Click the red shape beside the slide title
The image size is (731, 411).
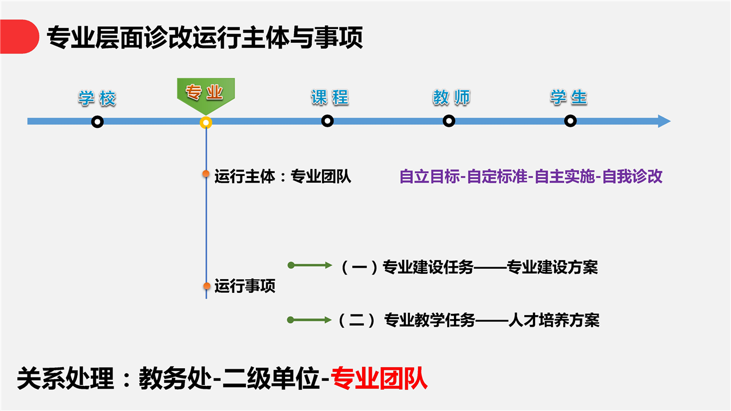point(19,37)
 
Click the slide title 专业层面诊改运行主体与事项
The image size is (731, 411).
point(205,37)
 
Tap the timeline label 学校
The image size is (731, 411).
point(97,98)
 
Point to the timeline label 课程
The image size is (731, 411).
point(330,97)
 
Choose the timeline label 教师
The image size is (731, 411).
point(451,97)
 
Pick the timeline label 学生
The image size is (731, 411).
point(569,97)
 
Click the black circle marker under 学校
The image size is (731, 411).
point(97,122)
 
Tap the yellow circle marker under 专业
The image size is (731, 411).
point(206,123)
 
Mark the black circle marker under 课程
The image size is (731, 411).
point(327,121)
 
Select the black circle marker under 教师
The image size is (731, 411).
point(449,121)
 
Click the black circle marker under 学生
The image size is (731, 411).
point(570,121)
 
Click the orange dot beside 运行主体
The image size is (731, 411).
point(206,174)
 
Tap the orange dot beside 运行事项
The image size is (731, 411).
point(207,286)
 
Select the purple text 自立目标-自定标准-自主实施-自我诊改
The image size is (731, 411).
point(531,176)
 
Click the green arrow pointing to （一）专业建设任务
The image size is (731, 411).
point(310,265)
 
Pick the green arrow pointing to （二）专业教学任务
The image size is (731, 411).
point(310,320)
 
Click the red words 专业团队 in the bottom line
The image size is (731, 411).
point(379,378)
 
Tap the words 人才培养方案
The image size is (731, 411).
point(554,320)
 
